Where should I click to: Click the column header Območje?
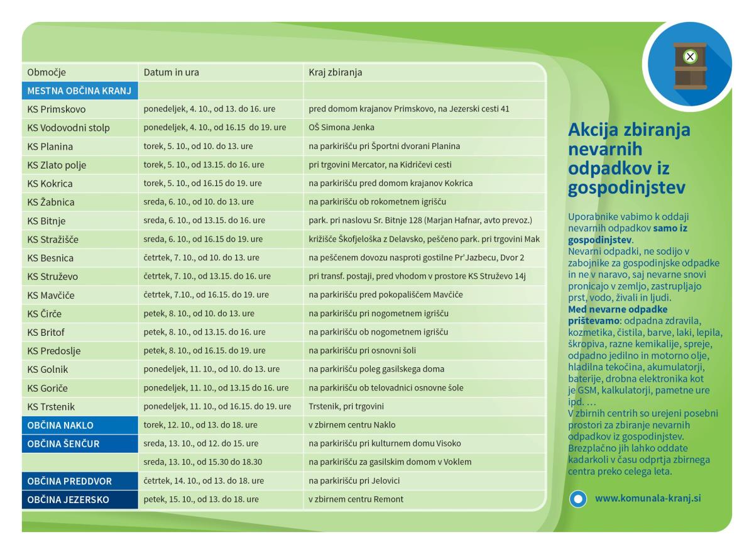tap(46, 72)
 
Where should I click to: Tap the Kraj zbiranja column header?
tap(335, 72)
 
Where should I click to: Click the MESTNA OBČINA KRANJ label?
tap(79, 91)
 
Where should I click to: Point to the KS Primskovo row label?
tap(57, 109)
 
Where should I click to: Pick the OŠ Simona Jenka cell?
tap(341, 128)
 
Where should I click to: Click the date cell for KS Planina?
tap(199, 147)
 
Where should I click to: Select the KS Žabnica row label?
tap(51, 202)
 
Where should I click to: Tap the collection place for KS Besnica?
tap(416, 258)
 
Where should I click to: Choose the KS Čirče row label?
tap(44, 314)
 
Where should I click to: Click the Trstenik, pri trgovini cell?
tap(346, 406)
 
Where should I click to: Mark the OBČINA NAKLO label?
tap(60, 425)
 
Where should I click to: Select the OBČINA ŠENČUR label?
tap(63, 444)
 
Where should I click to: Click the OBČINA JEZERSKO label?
tap(68, 500)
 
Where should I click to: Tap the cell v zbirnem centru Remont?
tap(356, 500)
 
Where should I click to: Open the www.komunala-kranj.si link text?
tap(648, 499)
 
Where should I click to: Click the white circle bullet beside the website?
tap(577, 499)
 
